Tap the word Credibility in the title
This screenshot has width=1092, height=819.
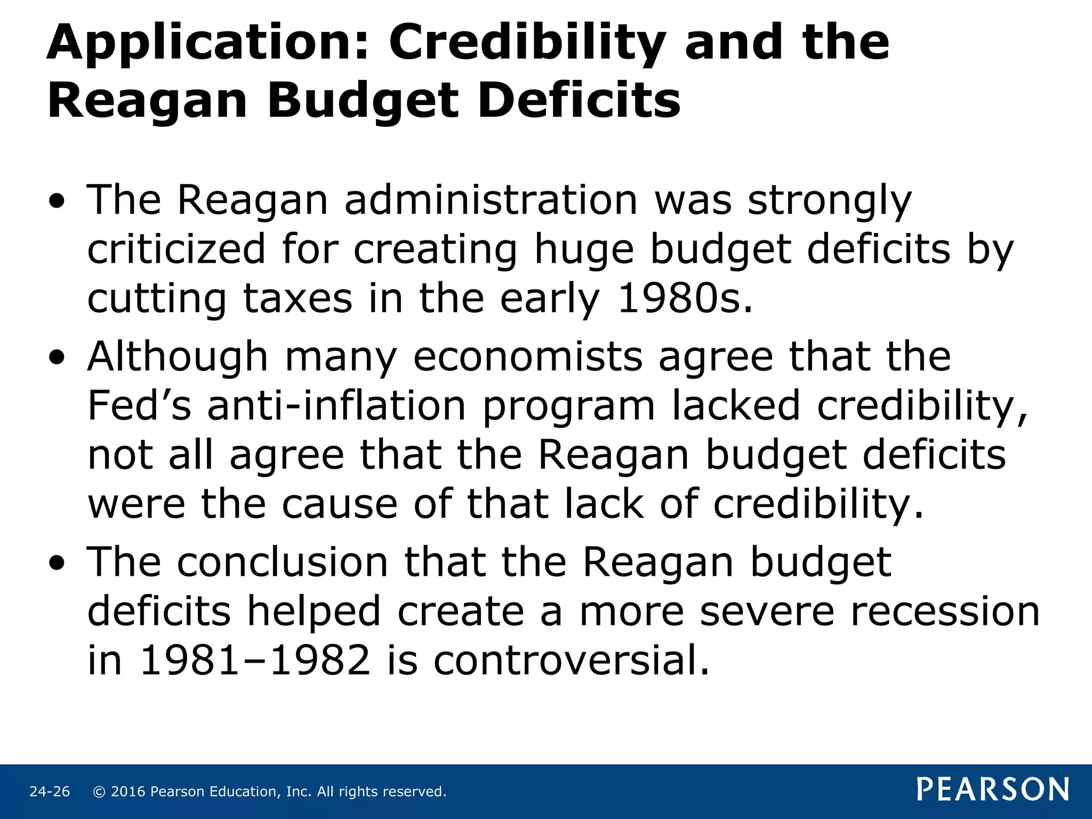click(527, 44)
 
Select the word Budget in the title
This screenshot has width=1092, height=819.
click(363, 101)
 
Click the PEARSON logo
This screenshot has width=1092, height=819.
click(993, 790)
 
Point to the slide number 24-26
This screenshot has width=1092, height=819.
click(50, 792)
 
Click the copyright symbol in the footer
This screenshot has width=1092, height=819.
click(99, 792)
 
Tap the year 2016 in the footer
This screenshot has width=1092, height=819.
click(128, 792)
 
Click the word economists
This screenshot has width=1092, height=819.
click(528, 357)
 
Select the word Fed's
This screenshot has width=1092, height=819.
click(139, 406)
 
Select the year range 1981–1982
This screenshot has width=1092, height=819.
click(255, 661)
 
